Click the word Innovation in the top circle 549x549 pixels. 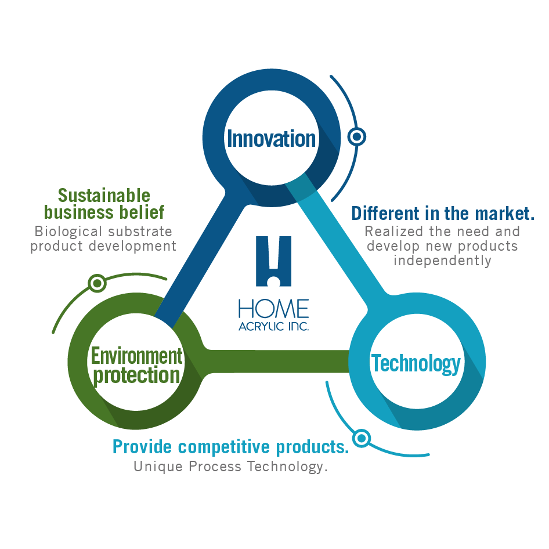pos(271,139)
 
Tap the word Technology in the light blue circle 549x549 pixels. pos(416,364)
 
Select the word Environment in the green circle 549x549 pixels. pos(136,355)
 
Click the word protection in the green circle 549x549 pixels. pos(136,375)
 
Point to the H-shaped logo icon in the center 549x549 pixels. pos(273,261)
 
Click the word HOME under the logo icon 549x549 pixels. pos(273,309)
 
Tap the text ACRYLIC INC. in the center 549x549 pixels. pos(273,326)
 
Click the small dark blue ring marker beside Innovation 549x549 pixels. pos(356,137)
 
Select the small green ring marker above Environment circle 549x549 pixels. pos(97,283)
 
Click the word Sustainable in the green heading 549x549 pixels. pos(104,195)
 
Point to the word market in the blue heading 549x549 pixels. pos(506,214)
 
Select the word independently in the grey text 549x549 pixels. pos(442,260)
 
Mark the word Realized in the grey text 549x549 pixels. pos(389,231)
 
